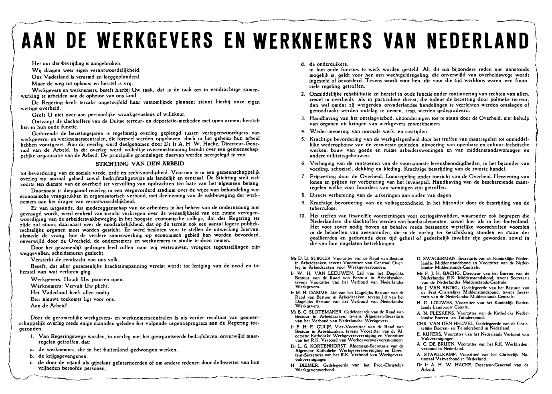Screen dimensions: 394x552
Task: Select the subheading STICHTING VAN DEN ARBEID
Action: click(x=140, y=164)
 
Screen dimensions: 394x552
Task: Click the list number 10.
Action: click(x=302, y=216)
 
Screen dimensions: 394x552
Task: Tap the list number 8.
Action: click(x=303, y=195)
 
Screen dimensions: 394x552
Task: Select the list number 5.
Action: click(x=303, y=139)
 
